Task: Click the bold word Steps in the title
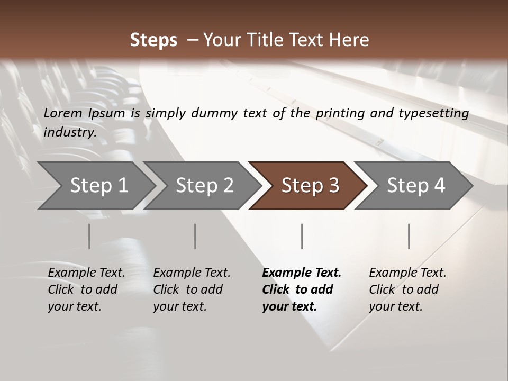tap(153, 40)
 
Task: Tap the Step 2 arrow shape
tap(204, 186)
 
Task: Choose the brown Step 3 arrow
tap(310, 186)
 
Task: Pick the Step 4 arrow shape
tap(415, 186)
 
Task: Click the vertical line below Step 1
tap(89, 236)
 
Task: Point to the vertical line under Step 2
tap(195, 236)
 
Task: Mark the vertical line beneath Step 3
tap(302, 236)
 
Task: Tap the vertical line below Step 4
tap(409, 236)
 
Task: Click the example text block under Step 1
tap(86, 289)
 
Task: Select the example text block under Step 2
tap(192, 289)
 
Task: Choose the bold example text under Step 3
tap(301, 289)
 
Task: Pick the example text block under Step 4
tap(407, 289)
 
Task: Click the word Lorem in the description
tap(63, 113)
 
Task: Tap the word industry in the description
tap(69, 132)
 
